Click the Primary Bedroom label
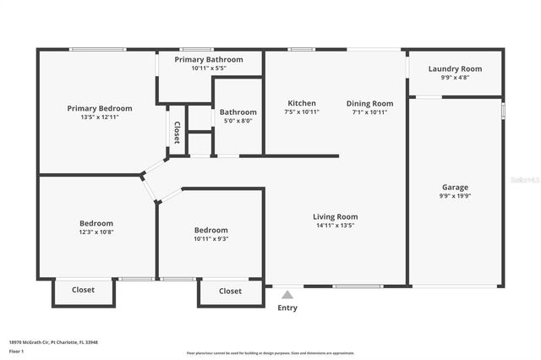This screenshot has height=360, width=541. pos(100,108)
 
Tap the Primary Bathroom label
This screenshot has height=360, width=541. pos(209,59)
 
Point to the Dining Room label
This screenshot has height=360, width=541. pos(369,103)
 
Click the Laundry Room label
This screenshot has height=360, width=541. pos(455,68)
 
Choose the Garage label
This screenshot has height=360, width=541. pos(455,188)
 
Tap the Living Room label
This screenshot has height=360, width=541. pos(335,216)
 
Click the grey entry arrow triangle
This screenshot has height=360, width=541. pos(287,295)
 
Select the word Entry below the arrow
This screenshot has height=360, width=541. pos(287,308)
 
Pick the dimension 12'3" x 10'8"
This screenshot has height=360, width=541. pos(96,232)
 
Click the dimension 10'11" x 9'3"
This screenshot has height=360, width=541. pos(210,238)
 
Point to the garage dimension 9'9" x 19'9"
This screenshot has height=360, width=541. pos(455,196)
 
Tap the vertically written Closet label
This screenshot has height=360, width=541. pos(177,132)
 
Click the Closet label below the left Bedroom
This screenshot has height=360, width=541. pos(83,290)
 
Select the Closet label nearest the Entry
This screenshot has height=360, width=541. pos(230,291)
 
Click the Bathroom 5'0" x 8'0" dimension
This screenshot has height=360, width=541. pos(238,121)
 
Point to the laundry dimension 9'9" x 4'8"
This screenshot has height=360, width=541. pos(455,78)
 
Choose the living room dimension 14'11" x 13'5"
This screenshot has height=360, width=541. pos(335,226)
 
